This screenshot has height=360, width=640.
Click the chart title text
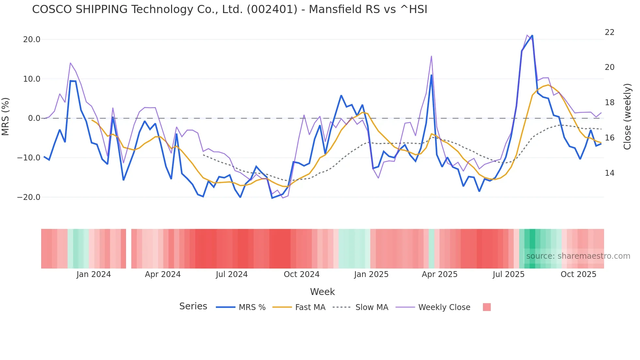click(230, 9)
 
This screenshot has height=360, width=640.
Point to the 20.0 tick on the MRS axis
click(32, 40)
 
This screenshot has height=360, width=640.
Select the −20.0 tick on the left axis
click(29, 197)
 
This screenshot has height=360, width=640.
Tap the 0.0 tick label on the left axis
click(34, 118)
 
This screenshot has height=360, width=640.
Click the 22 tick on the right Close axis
click(609, 32)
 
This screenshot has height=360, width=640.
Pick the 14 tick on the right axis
click(609, 173)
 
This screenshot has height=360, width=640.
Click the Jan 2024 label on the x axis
click(93, 274)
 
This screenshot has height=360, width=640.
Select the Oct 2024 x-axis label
click(301, 274)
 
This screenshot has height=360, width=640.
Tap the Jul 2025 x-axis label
click(508, 274)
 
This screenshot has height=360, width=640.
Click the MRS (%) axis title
click(6, 116)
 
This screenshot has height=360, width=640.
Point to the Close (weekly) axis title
click(627, 117)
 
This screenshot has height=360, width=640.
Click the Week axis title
click(322, 292)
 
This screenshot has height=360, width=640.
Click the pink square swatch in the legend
click(487, 307)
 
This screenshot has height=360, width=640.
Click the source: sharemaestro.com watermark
click(578, 256)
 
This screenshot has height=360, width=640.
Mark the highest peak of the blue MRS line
click(532, 35)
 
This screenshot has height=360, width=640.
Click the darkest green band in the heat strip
click(532, 249)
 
